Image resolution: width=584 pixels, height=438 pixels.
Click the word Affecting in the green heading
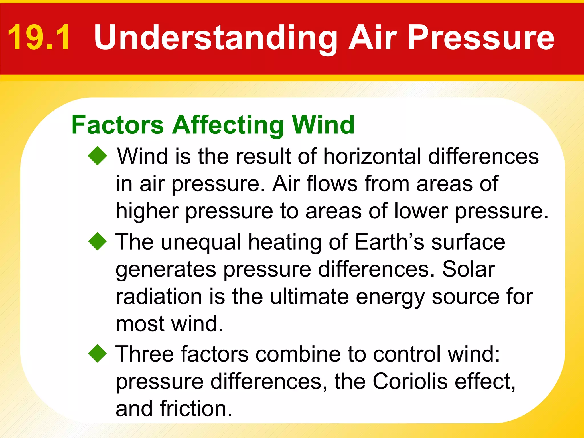point(228,125)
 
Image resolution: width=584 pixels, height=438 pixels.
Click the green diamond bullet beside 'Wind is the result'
point(97,156)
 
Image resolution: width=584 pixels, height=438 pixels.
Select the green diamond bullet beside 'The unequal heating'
point(97,241)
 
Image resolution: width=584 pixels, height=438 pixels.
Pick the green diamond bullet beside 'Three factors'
point(97,353)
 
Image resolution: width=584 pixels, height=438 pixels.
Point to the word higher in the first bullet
point(147,212)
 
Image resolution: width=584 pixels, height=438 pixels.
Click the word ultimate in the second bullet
point(309,296)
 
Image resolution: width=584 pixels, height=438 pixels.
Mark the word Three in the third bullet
point(144,354)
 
